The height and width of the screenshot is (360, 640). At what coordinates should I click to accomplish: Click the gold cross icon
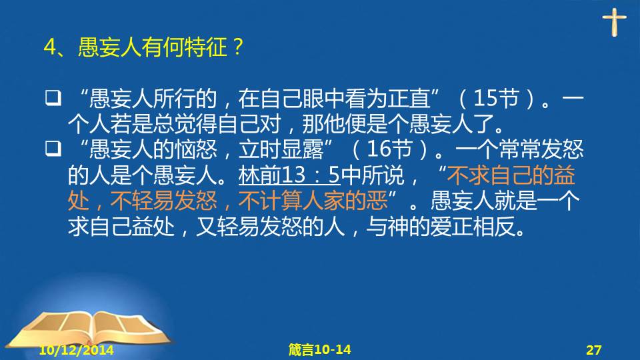pos(614,22)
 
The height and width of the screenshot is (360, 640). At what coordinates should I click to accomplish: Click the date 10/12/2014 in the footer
pos(76,350)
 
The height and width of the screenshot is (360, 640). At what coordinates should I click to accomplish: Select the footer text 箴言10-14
pos(319,349)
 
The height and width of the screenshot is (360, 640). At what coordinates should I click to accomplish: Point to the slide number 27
pos(594,350)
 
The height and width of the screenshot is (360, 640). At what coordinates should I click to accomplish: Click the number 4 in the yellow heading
pos(50,47)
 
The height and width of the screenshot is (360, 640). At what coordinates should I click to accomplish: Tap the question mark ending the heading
pos(237,47)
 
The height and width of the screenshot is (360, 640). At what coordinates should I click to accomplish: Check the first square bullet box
pos(53,98)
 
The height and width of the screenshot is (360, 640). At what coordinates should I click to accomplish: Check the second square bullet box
pos(53,149)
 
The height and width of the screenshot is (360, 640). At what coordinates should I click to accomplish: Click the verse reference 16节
pos(389,149)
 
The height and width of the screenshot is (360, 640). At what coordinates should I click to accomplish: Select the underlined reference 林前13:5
pos(289,175)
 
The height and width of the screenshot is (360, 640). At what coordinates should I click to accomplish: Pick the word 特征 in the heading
pos(206,47)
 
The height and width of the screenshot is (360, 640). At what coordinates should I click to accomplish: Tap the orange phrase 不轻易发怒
pos(163,201)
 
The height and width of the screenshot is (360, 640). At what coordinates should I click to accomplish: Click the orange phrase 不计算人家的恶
pos(313,201)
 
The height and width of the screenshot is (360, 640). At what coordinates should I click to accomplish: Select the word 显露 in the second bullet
pos(302,149)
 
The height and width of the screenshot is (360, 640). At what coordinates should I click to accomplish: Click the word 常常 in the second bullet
pos(520,149)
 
